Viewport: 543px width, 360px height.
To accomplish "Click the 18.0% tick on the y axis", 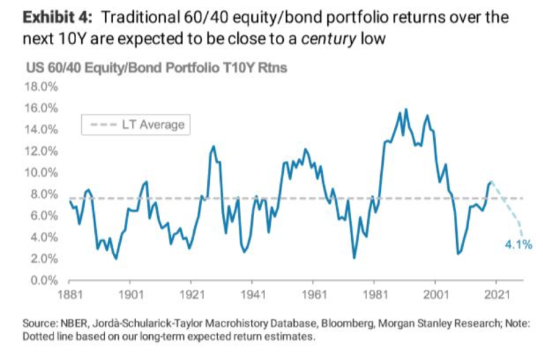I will [40, 87].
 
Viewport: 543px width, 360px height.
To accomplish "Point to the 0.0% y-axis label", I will [42, 280].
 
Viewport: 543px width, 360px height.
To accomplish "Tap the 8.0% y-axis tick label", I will [42, 194].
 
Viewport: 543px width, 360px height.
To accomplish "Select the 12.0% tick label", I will [40, 151].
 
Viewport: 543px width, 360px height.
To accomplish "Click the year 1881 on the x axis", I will [69, 296].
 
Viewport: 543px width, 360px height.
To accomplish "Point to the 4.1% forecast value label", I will [518, 245].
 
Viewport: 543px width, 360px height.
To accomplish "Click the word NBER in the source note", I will [67, 323].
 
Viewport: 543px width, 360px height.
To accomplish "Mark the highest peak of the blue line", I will [405, 109].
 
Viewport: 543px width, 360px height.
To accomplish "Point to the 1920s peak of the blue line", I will [213, 146].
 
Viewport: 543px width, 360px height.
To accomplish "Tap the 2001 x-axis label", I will [434, 296].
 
